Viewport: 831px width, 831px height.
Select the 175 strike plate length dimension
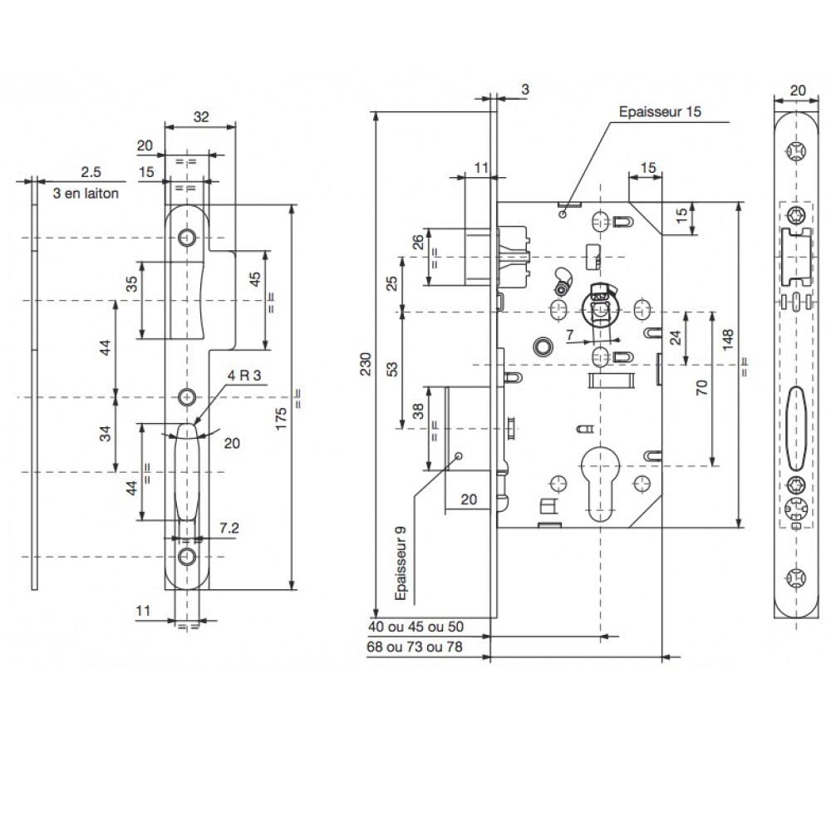pyautogui.click(x=281, y=418)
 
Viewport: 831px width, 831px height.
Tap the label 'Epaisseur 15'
pyautogui.click(x=660, y=112)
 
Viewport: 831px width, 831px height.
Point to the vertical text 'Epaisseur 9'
pyautogui.click(x=401, y=563)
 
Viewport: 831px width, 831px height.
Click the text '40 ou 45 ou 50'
pyautogui.click(x=416, y=627)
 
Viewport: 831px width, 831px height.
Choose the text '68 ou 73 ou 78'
pyautogui.click(x=415, y=647)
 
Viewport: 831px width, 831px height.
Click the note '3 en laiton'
pyautogui.click(x=86, y=194)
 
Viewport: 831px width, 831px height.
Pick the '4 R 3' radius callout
pyautogui.click(x=244, y=376)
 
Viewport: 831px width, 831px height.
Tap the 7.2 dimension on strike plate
pyautogui.click(x=229, y=528)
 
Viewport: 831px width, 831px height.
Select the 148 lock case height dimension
pyautogui.click(x=727, y=339)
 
